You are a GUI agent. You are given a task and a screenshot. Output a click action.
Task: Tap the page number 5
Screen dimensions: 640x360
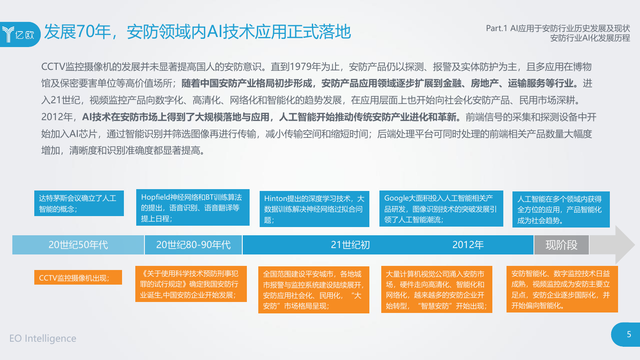tap(629, 334)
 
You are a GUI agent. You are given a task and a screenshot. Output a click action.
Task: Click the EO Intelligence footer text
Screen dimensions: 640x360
tap(43, 339)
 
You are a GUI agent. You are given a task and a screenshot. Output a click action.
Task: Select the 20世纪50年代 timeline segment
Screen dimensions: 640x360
tap(78, 245)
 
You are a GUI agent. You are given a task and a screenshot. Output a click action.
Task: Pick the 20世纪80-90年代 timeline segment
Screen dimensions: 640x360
tap(193, 245)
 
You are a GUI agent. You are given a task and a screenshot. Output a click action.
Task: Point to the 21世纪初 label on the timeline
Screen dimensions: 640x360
tap(350, 245)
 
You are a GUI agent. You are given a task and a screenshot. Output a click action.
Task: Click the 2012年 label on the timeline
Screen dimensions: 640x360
tap(468, 245)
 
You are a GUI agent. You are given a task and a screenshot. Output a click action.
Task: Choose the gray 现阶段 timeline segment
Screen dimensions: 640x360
tap(561, 245)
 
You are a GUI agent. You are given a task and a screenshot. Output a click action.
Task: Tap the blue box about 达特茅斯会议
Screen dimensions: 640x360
tap(79, 203)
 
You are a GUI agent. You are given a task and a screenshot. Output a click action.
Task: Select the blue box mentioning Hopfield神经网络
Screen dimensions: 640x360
tap(193, 207)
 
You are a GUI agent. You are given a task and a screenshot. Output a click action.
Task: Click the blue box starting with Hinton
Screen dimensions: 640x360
tap(315, 209)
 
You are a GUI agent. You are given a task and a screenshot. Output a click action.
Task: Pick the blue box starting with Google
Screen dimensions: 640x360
tap(441, 209)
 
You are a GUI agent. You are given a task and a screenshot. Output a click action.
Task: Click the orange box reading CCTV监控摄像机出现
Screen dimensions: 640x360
tap(78, 277)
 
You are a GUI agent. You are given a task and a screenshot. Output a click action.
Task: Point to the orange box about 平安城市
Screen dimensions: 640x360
tap(314, 290)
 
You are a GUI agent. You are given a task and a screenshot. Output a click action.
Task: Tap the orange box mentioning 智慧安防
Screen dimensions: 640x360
tap(437, 290)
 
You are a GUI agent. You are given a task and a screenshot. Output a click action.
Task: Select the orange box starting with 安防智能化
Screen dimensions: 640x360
tap(562, 289)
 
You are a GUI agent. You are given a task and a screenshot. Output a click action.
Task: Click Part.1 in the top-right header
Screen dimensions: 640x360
tap(496, 28)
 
